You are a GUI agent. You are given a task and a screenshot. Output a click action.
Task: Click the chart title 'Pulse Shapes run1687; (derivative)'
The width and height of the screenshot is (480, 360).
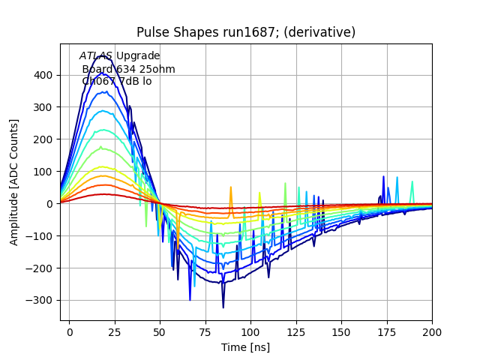[x=246, y=32]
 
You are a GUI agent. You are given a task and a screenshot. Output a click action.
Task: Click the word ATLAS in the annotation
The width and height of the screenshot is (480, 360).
[x=96, y=56]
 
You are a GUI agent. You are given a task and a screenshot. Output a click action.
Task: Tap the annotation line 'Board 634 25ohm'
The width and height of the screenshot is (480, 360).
[x=128, y=69]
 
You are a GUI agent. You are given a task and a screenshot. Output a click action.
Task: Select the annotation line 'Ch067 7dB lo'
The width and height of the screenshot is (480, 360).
[x=116, y=82]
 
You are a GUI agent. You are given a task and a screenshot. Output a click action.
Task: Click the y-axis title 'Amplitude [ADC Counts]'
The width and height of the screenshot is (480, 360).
[x=14, y=182]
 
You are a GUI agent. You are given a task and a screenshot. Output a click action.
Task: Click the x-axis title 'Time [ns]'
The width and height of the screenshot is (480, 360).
[x=245, y=347]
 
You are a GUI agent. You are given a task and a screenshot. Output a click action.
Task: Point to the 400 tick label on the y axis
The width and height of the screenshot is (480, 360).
[x=43, y=75]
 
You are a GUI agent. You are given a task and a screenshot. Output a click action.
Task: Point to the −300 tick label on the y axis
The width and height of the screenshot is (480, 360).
[x=40, y=300]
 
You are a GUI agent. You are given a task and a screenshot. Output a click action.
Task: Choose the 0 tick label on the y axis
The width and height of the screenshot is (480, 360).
[x=49, y=204]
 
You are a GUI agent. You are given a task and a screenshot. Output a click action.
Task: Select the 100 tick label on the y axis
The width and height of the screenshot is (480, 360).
[x=43, y=172]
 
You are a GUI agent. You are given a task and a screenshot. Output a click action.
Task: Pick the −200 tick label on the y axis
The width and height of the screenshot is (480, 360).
[x=40, y=268]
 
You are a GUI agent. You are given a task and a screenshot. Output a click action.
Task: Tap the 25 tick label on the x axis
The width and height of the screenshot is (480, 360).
[x=115, y=331]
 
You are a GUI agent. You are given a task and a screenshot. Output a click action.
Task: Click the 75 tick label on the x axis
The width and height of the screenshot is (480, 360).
[x=205, y=331]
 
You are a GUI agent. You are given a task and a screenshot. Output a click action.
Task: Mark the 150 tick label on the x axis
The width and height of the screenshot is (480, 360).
[x=341, y=331]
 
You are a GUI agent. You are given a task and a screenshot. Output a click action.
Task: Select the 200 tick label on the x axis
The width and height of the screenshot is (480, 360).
[x=432, y=331]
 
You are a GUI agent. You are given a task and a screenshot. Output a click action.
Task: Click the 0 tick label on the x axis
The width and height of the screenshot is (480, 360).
[x=70, y=331]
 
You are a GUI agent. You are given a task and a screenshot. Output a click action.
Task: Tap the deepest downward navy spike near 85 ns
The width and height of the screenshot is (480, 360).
[x=223, y=307]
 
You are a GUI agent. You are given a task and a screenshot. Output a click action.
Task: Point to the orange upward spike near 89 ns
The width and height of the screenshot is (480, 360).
[x=231, y=187]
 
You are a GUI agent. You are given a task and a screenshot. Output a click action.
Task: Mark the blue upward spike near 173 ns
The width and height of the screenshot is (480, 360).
[x=383, y=177]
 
